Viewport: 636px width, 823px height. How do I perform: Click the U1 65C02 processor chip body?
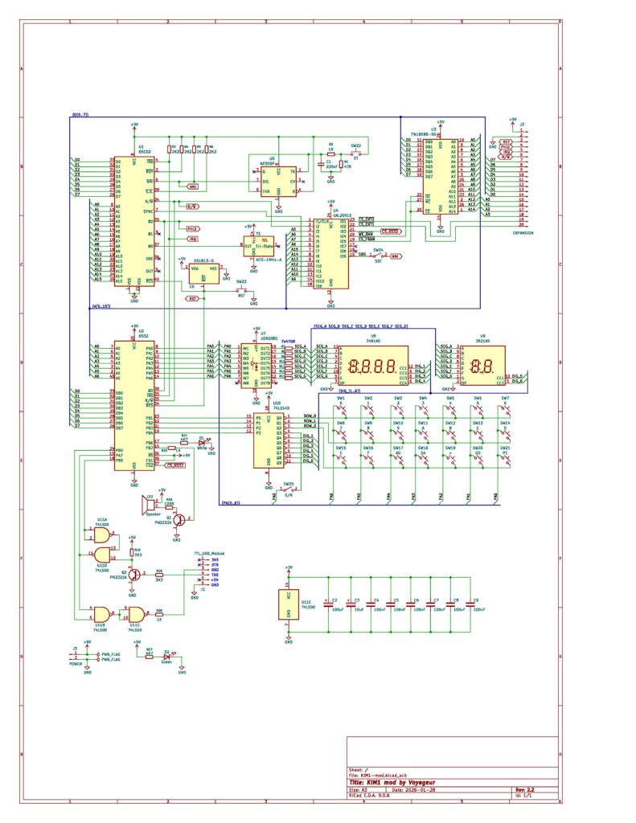(133, 219)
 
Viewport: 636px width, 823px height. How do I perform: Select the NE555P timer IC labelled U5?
(278, 181)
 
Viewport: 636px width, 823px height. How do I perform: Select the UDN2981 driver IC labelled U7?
(256, 366)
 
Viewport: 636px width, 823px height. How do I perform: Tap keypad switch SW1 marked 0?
(341, 404)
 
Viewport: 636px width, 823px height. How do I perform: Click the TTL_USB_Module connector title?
(208, 554)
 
